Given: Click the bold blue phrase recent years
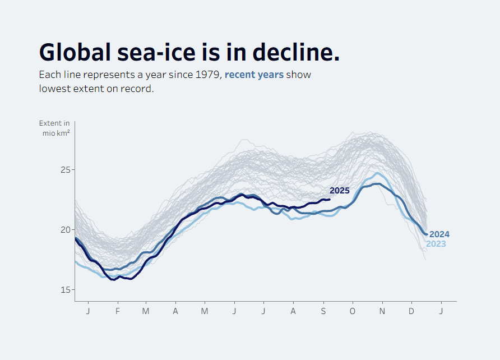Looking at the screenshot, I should [254, 75].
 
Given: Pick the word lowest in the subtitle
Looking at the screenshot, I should [56, 89].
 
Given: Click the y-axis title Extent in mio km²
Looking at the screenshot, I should [55, 128].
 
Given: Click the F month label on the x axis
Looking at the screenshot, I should [118, 311].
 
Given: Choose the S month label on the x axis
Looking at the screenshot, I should [323, 311].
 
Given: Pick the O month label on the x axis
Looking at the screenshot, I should [353, 311].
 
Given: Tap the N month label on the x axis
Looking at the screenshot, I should [382, 311].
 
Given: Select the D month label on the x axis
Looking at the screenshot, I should [411, 311].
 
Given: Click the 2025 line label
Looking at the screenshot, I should [339, 191].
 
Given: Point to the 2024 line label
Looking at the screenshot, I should [439, 234].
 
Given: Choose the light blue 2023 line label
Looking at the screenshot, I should [436, 244].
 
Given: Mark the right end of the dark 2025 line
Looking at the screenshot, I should [329, 199].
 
